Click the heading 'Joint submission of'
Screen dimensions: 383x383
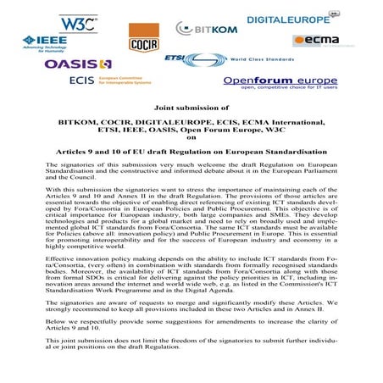(191, 108)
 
